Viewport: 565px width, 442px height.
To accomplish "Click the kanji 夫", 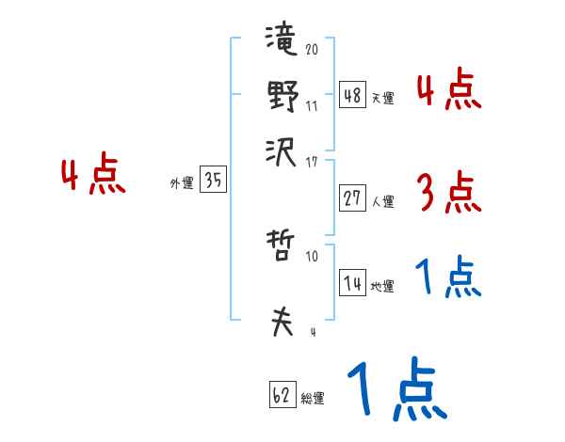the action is click(x=282, y=322).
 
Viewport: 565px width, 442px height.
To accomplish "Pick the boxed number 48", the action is click(x=352, y=95).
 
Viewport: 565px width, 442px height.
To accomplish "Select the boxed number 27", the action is click(x=352, y=198).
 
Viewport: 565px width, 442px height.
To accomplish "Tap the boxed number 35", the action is click(x=213, y=182).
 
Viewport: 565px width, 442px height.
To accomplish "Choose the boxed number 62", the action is click(x=282, y=396).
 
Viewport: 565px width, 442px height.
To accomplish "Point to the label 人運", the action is click(x=382, y=201).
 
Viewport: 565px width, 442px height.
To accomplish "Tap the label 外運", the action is click(x=181, y=184).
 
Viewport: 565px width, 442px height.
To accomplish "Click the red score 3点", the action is click(x=448, y=193).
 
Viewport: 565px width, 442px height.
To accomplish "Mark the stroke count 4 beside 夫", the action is click(x=313, y=332).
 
